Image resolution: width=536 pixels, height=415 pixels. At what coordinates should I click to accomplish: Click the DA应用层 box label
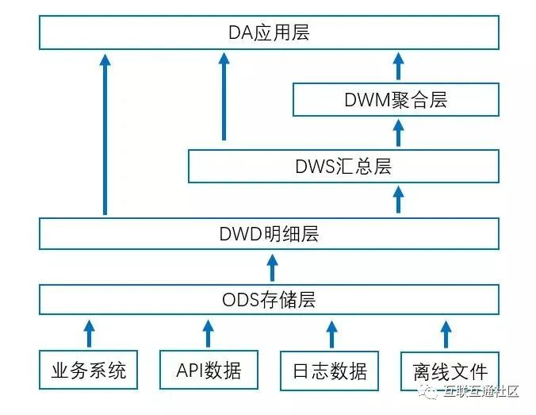coord(269,33)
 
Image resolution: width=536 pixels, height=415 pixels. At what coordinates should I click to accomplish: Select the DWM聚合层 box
coord(396,100)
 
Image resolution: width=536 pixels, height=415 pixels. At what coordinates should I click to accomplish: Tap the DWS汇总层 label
coord(343,167)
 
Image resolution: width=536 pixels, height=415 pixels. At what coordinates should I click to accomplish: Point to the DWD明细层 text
coord(269,235)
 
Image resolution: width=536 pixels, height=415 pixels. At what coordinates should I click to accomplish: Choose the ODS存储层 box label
coord(269,300)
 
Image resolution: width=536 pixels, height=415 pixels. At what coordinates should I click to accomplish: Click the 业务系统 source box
coord(89,370)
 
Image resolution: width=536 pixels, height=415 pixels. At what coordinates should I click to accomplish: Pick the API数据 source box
coord(208,370)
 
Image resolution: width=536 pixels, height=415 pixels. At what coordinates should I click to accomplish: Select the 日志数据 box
coord(328,370)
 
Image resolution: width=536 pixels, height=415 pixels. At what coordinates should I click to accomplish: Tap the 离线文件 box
coord(450,370)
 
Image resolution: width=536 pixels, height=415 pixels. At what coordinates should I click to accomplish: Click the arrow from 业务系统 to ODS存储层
coord(89,333)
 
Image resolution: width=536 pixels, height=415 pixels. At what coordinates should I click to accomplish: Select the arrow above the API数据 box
coord(208,333)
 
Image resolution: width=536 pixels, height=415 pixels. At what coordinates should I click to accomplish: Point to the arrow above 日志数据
coord(328,333)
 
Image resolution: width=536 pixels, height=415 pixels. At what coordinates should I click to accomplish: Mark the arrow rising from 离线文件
coord(446,333)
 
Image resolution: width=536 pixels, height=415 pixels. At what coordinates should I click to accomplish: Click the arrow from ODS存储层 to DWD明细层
coord(272,267)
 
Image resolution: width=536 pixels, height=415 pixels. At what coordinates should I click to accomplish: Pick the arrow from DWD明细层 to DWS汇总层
coord(398,198)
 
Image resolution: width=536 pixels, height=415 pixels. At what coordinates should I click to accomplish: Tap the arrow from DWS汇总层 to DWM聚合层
coord(398,133)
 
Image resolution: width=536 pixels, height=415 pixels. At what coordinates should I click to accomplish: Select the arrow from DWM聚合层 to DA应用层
coord(398,65)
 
